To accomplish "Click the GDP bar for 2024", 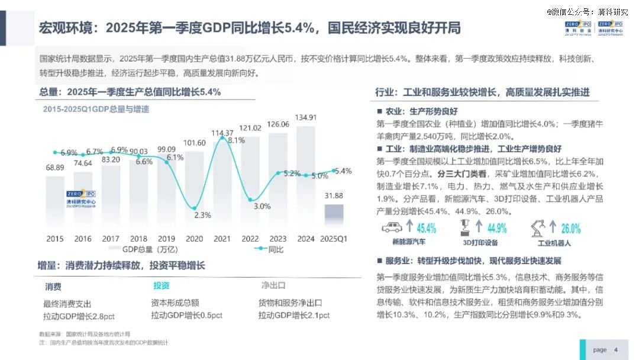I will pyautogui.click(x=306, y=178).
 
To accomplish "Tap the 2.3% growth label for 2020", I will pyautogui.click(x=202, y=215).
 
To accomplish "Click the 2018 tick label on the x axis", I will pyautogui.click(x=138, y=239).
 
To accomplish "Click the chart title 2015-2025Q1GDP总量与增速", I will pyautogui.click(x=96, y=110).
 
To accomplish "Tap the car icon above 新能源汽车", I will pyautogui.click(x=392, y=227).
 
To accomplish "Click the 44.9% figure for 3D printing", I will pyautogui.click(x=497, y=228).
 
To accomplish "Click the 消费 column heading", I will pyautogui.click(x=53, y=287).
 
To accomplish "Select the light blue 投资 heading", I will pyautogui.click(x=161, y=286).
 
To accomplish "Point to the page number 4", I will pyautogui.click(x=616, y=349).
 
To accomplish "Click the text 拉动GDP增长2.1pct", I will pyautogui.click(x=293, y=316).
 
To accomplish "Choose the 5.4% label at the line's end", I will pyautogui.click(x=343, y=171).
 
